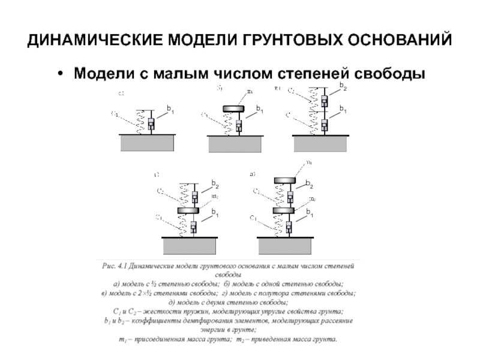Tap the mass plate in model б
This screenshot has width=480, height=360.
click(x=238, y=109)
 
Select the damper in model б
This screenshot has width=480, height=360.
click(x=239, y=126)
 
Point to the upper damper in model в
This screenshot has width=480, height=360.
click(x=325, y=100)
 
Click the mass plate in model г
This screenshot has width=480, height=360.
click(x=193, y=211)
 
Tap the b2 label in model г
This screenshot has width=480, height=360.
click(x=214, y=182)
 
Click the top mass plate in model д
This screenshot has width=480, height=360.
click(x=286, y=181)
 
